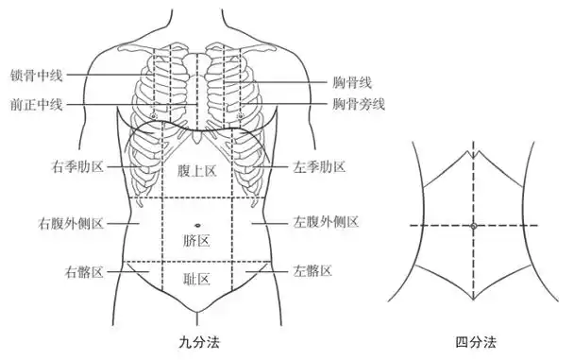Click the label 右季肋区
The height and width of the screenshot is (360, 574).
point(78,167)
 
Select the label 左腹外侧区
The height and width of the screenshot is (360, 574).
point(328,223)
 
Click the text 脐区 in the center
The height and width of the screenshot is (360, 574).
point(196,240)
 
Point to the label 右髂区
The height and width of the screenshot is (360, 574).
point(84,271)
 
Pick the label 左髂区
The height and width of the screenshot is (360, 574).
point(313,271)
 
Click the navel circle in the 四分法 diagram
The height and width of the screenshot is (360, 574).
point(473,226)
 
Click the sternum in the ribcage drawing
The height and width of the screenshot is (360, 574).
point(196,90)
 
